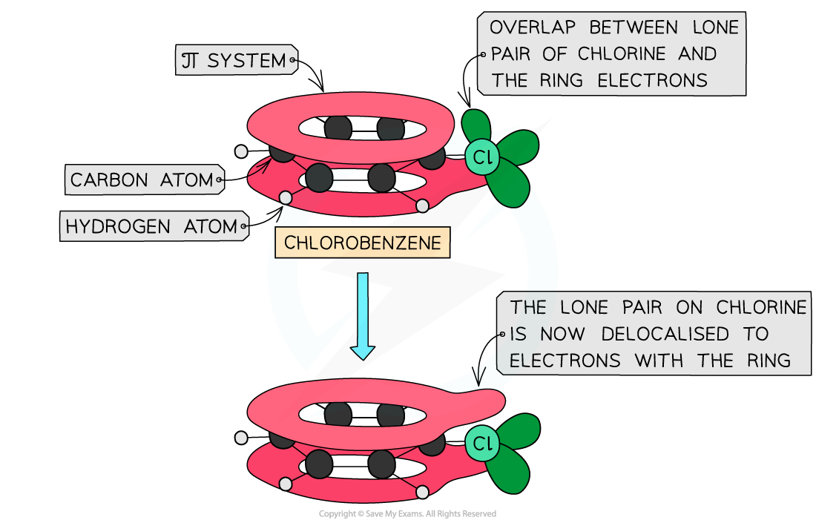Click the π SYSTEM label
point(235,60)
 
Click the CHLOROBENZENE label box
point(362,243)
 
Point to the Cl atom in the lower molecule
point(482,444)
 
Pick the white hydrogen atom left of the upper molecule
point(240,151)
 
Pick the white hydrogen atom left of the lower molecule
point(240,438)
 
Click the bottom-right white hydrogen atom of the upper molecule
point(422,205)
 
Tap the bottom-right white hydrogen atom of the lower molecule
point(422,491)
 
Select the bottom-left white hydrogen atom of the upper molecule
point(285,197)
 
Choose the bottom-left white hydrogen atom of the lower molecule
point(285,484)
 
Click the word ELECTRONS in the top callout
point(653,81)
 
